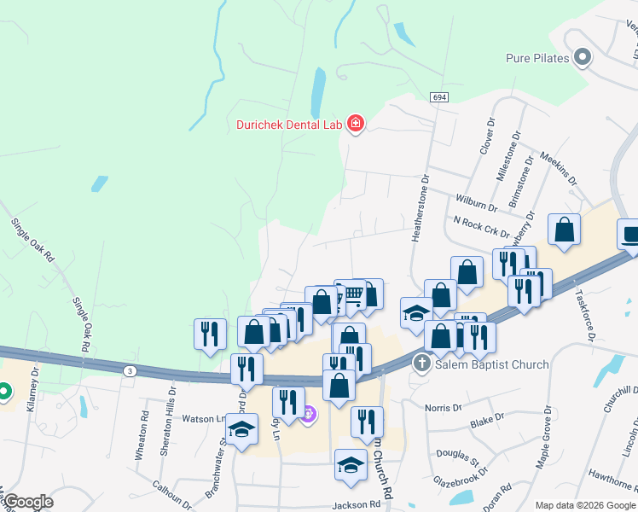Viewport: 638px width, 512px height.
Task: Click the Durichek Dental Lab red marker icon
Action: tap(356, 125)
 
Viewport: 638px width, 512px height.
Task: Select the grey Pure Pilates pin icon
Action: tap(583, 58)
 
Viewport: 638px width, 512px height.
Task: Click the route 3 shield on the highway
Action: tap(130, 369)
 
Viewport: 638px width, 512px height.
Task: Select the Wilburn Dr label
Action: tap(477, 205)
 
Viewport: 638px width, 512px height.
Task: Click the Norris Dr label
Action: tap(444, 407)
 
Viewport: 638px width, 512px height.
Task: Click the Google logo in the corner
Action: tap(28, 502)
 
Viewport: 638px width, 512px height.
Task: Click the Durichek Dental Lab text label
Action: tap(290, 125)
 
